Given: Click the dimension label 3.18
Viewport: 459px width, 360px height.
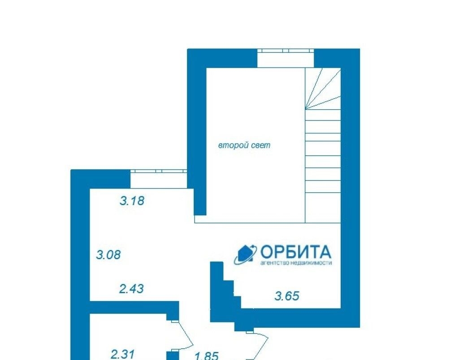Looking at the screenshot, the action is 132,201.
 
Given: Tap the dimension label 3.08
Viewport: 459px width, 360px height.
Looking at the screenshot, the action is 108,255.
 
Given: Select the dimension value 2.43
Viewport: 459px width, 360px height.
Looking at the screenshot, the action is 131,289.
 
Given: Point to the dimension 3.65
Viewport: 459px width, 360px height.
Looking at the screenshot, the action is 287,296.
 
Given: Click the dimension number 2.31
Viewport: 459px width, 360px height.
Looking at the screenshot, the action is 122,354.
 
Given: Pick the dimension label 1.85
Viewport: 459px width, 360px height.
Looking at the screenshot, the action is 206,356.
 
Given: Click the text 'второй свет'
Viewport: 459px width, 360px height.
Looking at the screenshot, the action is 244,146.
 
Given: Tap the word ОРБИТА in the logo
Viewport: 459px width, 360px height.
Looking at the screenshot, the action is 296,252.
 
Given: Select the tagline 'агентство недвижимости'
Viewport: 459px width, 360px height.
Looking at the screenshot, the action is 296,263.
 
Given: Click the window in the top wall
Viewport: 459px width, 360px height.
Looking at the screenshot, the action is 286,51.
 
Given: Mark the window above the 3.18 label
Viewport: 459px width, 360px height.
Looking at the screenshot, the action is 159,171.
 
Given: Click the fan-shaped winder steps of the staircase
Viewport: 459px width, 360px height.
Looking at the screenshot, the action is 323,89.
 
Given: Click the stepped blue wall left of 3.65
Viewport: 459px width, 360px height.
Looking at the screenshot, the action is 222,296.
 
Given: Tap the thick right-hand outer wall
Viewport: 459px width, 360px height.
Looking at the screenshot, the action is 351,188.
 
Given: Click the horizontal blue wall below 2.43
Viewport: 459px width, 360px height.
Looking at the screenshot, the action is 134,307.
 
